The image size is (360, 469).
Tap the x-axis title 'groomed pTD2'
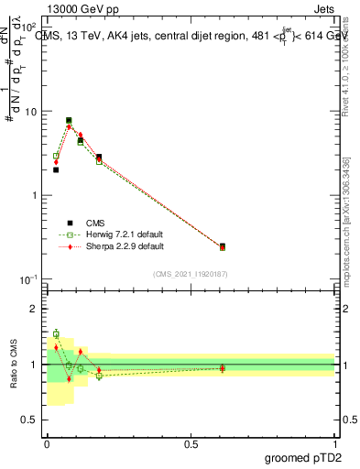[x=303, y=455]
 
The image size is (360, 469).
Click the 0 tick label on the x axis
[x=47, y=442]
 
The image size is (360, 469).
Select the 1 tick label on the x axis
[x=335, y=442]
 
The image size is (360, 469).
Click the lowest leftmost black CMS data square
[x=56, y=169]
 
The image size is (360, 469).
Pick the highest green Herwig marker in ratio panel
[x=56, y=334]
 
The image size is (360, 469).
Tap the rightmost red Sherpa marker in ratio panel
[x=223, y=368]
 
